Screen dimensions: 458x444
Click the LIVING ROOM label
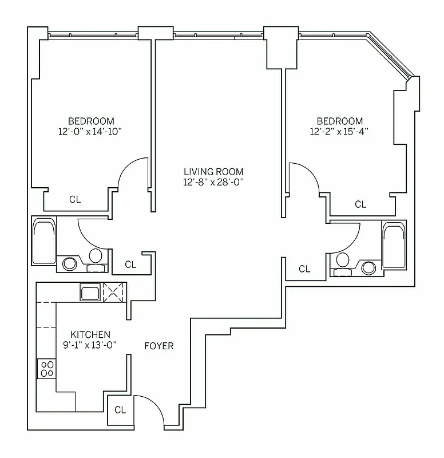tap(213, 171)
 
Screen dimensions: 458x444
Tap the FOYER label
tap(158, 346)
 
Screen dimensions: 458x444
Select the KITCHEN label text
tap(90, 334)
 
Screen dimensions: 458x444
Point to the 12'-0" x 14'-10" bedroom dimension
tap(91, 131)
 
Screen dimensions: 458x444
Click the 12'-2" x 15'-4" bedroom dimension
tap(340, 131)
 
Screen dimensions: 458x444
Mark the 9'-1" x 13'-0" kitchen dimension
tap(90, 345)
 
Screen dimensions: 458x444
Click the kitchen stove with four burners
tap(46, 369)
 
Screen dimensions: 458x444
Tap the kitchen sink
tap(90, 294)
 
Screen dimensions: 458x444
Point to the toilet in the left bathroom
tap(96, 256)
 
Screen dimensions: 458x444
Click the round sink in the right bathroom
tap(369, 267)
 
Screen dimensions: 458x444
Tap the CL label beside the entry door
tap(120, 410)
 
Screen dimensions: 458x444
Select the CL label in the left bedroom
tap(75, 199)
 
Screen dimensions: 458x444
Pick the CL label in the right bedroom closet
tap(360, 204)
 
